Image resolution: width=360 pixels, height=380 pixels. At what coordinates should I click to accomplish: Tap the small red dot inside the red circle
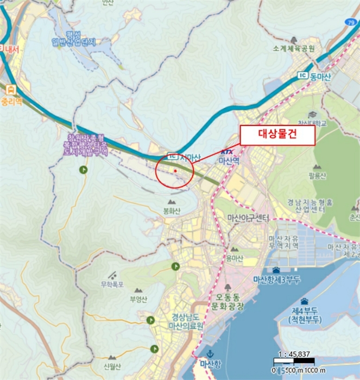coord(175,171)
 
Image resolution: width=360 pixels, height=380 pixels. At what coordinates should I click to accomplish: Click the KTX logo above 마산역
coord(229,154)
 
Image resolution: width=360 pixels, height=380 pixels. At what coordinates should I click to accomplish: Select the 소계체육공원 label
coord(294,48)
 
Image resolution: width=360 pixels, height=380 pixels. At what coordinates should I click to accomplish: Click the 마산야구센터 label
coord(248,218)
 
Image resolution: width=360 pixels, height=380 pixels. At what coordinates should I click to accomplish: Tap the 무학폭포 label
coord(112,284)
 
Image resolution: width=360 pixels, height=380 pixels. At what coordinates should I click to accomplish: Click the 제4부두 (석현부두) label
coord(306,315)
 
